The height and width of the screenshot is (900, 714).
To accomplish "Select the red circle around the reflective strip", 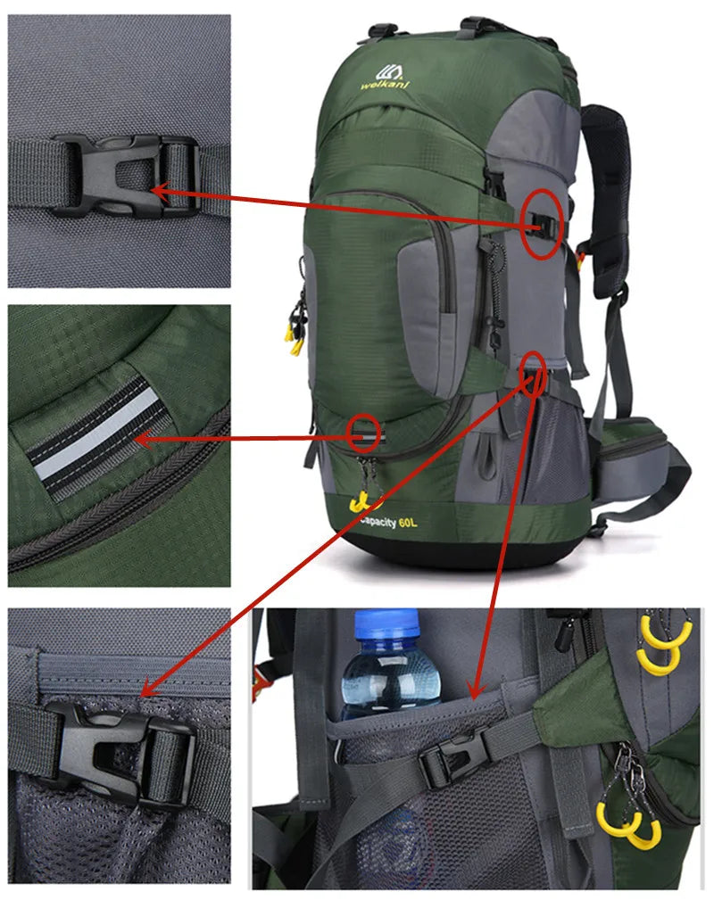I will pyautogui.click(x=364, y=433).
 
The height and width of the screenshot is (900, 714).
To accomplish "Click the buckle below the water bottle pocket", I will pyautogui.click(x=453, y=759).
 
